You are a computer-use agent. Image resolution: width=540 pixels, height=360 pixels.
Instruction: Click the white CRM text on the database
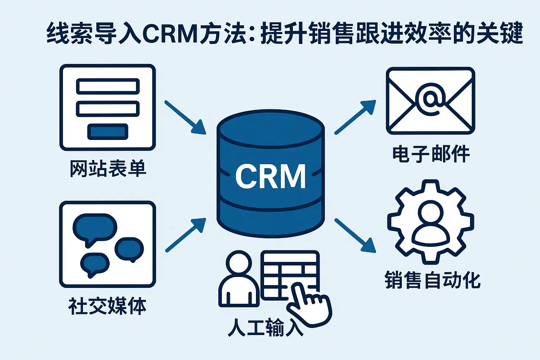point(270,176)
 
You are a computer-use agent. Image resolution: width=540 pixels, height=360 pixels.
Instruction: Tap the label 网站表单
point(108,169)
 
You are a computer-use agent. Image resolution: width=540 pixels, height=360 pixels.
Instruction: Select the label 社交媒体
point(107,306)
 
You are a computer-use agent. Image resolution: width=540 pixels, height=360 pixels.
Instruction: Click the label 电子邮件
point(431,154)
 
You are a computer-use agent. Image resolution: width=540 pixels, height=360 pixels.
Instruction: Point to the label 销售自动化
point(432,280)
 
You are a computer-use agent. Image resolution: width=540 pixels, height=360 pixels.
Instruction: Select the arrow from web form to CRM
point(185,117)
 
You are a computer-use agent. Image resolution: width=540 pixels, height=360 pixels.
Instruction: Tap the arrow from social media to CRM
point(185,235)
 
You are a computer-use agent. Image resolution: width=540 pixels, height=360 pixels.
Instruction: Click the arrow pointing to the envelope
point(355,117)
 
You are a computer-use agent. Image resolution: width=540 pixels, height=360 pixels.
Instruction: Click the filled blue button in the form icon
point(108,132)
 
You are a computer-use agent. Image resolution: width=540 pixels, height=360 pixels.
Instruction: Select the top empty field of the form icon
point(108,86)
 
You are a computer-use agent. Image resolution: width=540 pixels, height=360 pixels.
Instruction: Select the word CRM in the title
point(170,34)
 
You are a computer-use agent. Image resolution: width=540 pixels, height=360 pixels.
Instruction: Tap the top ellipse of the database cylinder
point(270,128)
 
